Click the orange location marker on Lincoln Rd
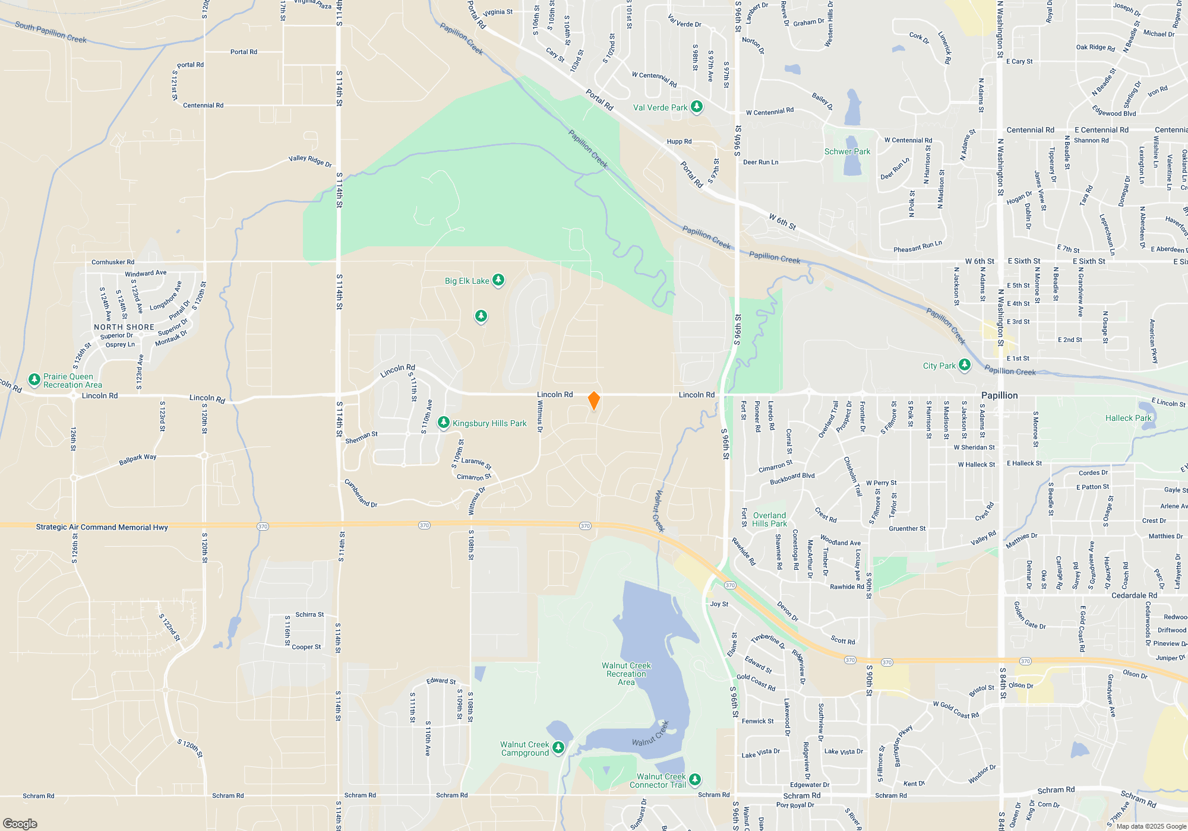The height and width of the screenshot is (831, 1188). [593, 401]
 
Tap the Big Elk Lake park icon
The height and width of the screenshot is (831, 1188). [498, 280]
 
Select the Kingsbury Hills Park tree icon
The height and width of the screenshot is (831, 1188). [443, 423]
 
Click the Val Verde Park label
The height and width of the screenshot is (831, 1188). [660, 107]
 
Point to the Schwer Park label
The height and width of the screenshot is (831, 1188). [847, 151]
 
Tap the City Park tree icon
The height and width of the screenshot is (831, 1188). [965, 365]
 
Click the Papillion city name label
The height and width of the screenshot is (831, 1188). [999, 395]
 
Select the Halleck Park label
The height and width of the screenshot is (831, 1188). [1128, 418]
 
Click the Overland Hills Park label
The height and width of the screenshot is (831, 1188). [769, 519]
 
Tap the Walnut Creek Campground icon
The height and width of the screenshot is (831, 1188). [558, 747]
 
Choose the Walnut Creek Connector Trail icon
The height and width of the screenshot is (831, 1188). [694, 779]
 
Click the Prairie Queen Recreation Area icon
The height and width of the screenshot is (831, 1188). [34, 379]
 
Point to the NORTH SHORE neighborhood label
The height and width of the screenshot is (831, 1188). [124, 327]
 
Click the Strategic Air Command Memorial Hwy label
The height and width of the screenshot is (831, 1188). [102, 527]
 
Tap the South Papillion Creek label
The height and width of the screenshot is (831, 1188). [50, 32]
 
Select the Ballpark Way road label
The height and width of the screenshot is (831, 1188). [137, 459]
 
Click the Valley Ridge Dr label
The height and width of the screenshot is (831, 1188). [310, 160]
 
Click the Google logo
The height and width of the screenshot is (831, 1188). [20, 824]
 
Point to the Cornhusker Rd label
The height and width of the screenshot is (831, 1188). [113, 262]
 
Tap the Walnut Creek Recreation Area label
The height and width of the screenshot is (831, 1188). [626, 674]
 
